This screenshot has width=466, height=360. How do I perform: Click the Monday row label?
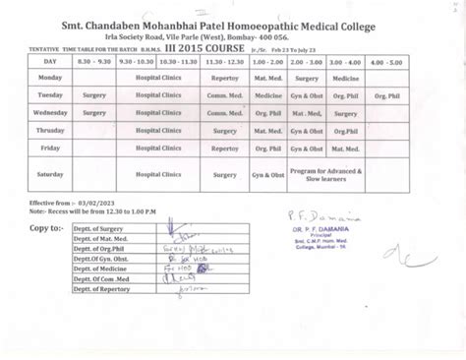(x=49, y=75)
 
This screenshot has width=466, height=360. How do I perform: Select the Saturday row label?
(x=49, y=174)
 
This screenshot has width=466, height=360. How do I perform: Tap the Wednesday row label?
(x=49, y=113)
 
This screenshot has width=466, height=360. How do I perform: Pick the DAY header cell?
(x=49, y=60)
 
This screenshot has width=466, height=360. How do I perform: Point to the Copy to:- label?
(x=47, y=228)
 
